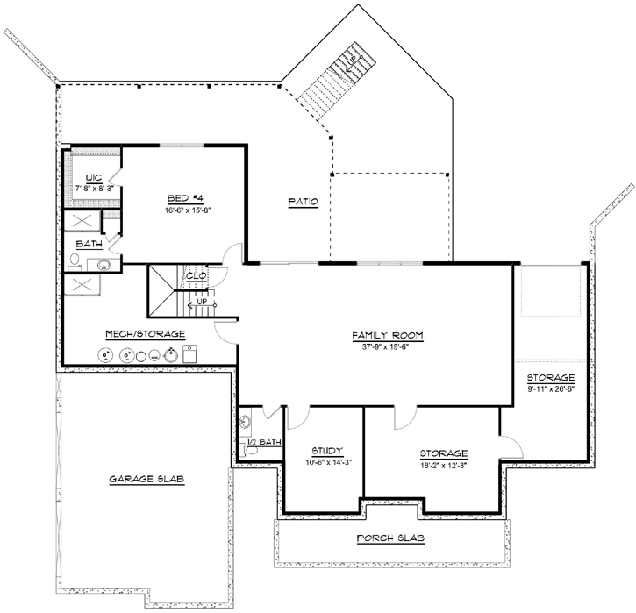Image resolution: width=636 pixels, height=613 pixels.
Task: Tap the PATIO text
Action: click(303, 202)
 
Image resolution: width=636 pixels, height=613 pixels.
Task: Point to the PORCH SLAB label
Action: click(392, 538)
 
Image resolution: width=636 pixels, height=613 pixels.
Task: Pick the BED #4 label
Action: click(183, 198)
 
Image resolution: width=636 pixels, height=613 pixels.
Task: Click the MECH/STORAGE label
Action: click(145, 334)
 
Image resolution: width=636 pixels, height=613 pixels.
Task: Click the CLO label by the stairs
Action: click(196, 275)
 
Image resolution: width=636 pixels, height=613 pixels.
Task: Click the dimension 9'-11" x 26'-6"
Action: click(551, 388)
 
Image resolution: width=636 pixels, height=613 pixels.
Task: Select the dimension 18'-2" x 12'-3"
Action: click(444, 465)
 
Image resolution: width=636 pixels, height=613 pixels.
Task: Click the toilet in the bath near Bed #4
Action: click(75, 260)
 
